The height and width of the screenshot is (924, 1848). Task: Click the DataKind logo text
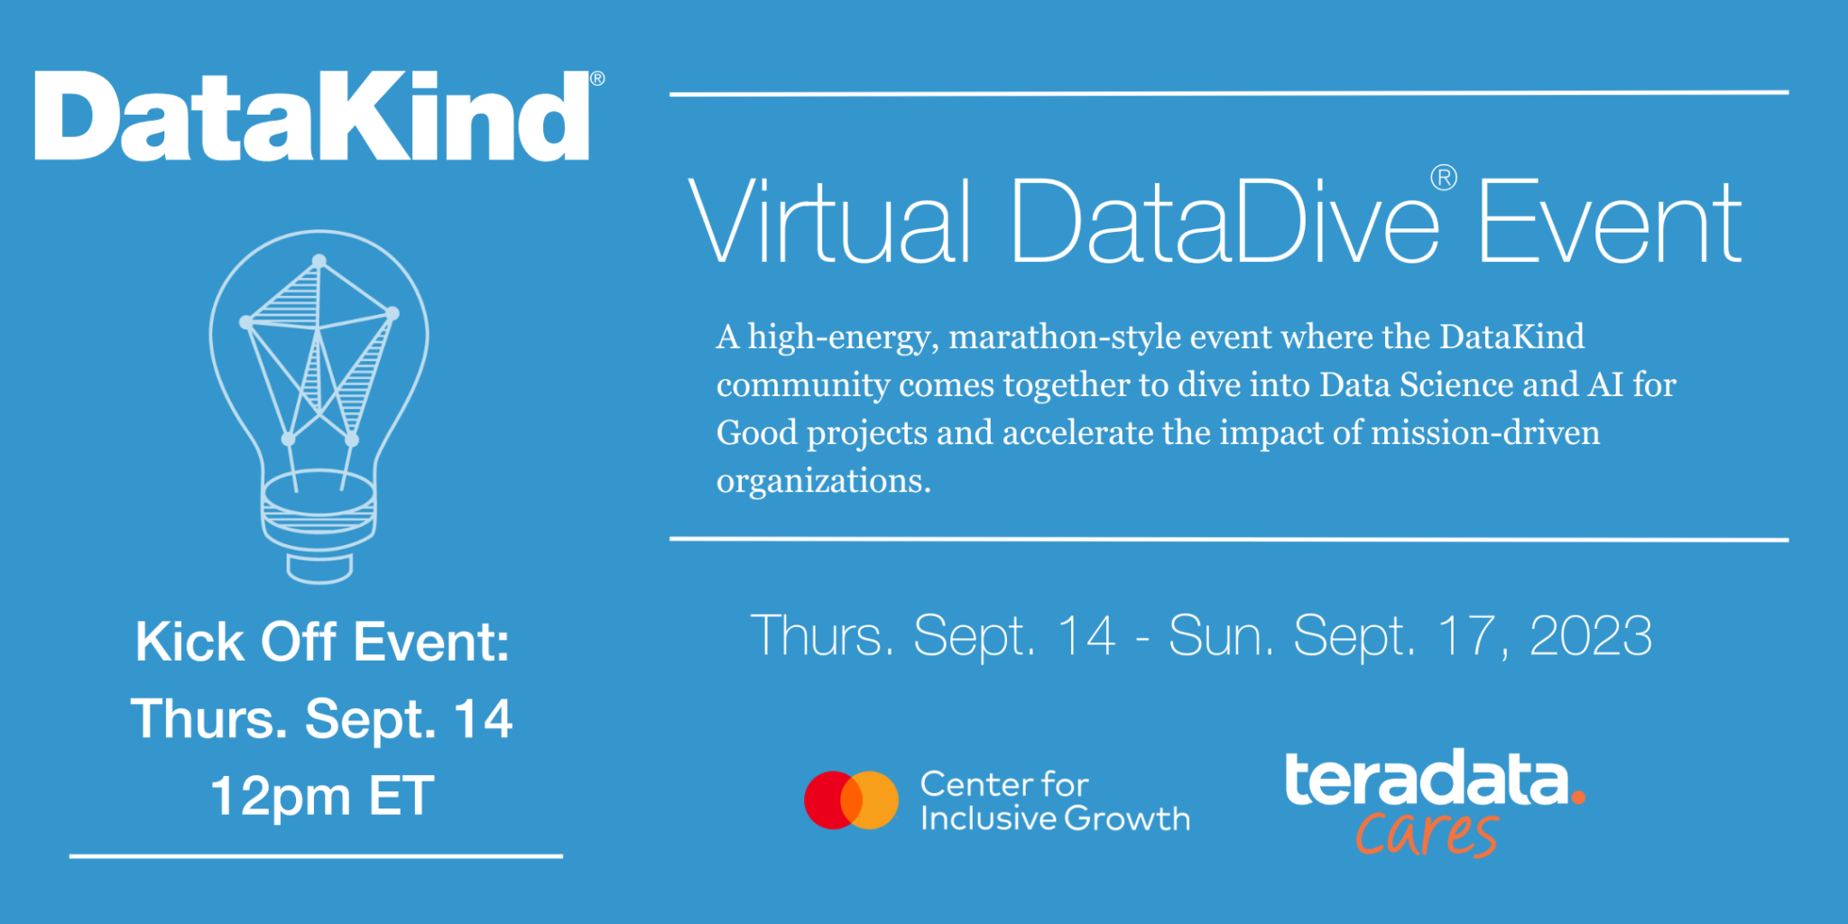click(311, 117)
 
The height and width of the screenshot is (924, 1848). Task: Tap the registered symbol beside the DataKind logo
click(597, 79)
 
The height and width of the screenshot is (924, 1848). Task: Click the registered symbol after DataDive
click(1444, 178)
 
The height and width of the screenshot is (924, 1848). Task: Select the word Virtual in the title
click(828, 222)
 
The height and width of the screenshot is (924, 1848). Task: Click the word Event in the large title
click(1608, 222)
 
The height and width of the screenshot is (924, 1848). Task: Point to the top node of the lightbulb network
click(319, 262)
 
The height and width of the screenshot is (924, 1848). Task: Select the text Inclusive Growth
click(1054, 818)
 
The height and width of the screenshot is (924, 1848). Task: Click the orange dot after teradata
click(1577, 797)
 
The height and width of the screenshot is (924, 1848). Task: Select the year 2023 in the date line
click(1590, 636)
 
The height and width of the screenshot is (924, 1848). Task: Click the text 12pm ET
click(322, 796)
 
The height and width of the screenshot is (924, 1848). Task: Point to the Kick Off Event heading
click(322, 642)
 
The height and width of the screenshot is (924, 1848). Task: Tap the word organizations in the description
click(823, 480)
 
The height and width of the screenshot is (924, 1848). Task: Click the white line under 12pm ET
click(316, 855)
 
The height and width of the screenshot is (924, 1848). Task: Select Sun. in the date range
click(1220, 636)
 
